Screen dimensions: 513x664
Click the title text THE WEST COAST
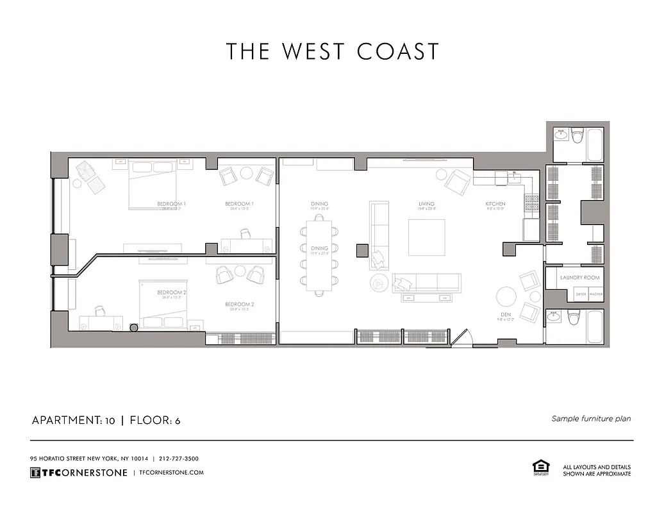click(333, 51)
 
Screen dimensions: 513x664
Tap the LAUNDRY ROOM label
click(579, 278)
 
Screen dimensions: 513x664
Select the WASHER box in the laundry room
click(596, 294)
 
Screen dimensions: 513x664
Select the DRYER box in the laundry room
click(581, 294)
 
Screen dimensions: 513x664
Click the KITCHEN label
click(495, 205)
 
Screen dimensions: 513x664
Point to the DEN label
click(505, 315)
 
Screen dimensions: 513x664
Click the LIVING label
click(427, 205)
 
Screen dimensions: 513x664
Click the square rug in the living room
click(427, 237)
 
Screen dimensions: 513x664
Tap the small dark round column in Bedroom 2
click(134, 328)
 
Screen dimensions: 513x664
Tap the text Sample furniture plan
click(591, 419)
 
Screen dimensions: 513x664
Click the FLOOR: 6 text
click(155, 421)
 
